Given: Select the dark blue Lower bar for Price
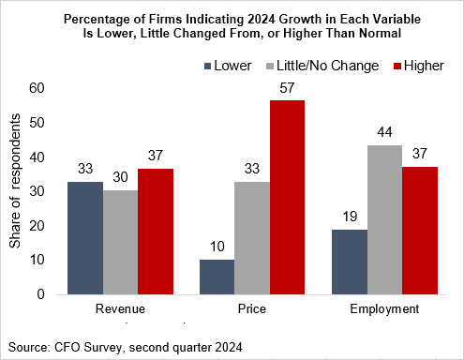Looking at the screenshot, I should (216, 277).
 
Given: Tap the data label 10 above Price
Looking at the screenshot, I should (216, 247).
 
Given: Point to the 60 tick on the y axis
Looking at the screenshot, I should (37, 88).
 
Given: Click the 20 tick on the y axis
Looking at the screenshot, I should (37, 225).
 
